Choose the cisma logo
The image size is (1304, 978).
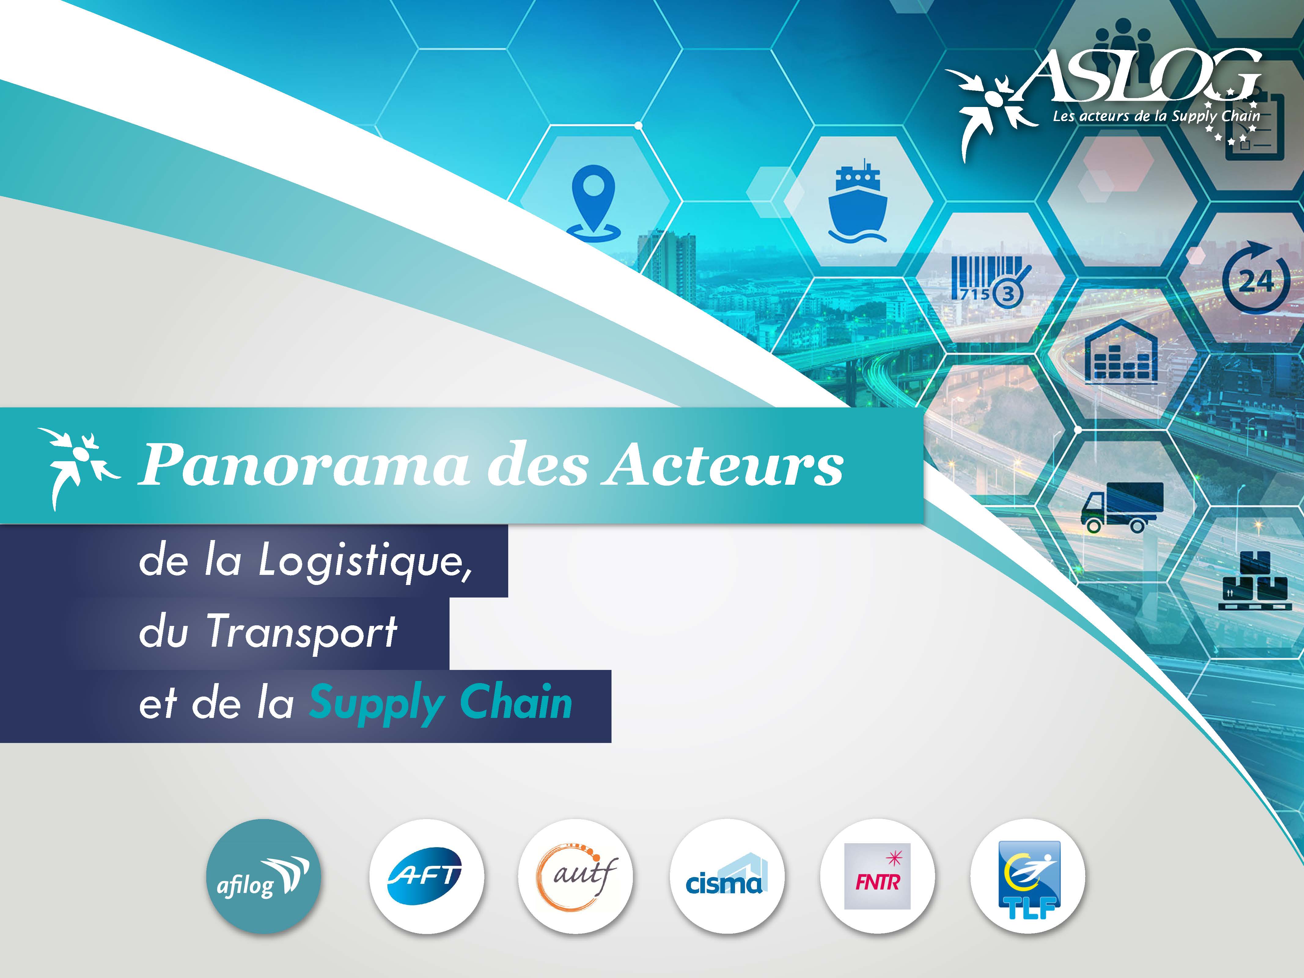[x=726, y=876]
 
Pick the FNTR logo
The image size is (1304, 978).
[x=877, y=876]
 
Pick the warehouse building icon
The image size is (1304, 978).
[x=1121, y=352]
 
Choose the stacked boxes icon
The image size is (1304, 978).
[x=1256, y=581]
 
